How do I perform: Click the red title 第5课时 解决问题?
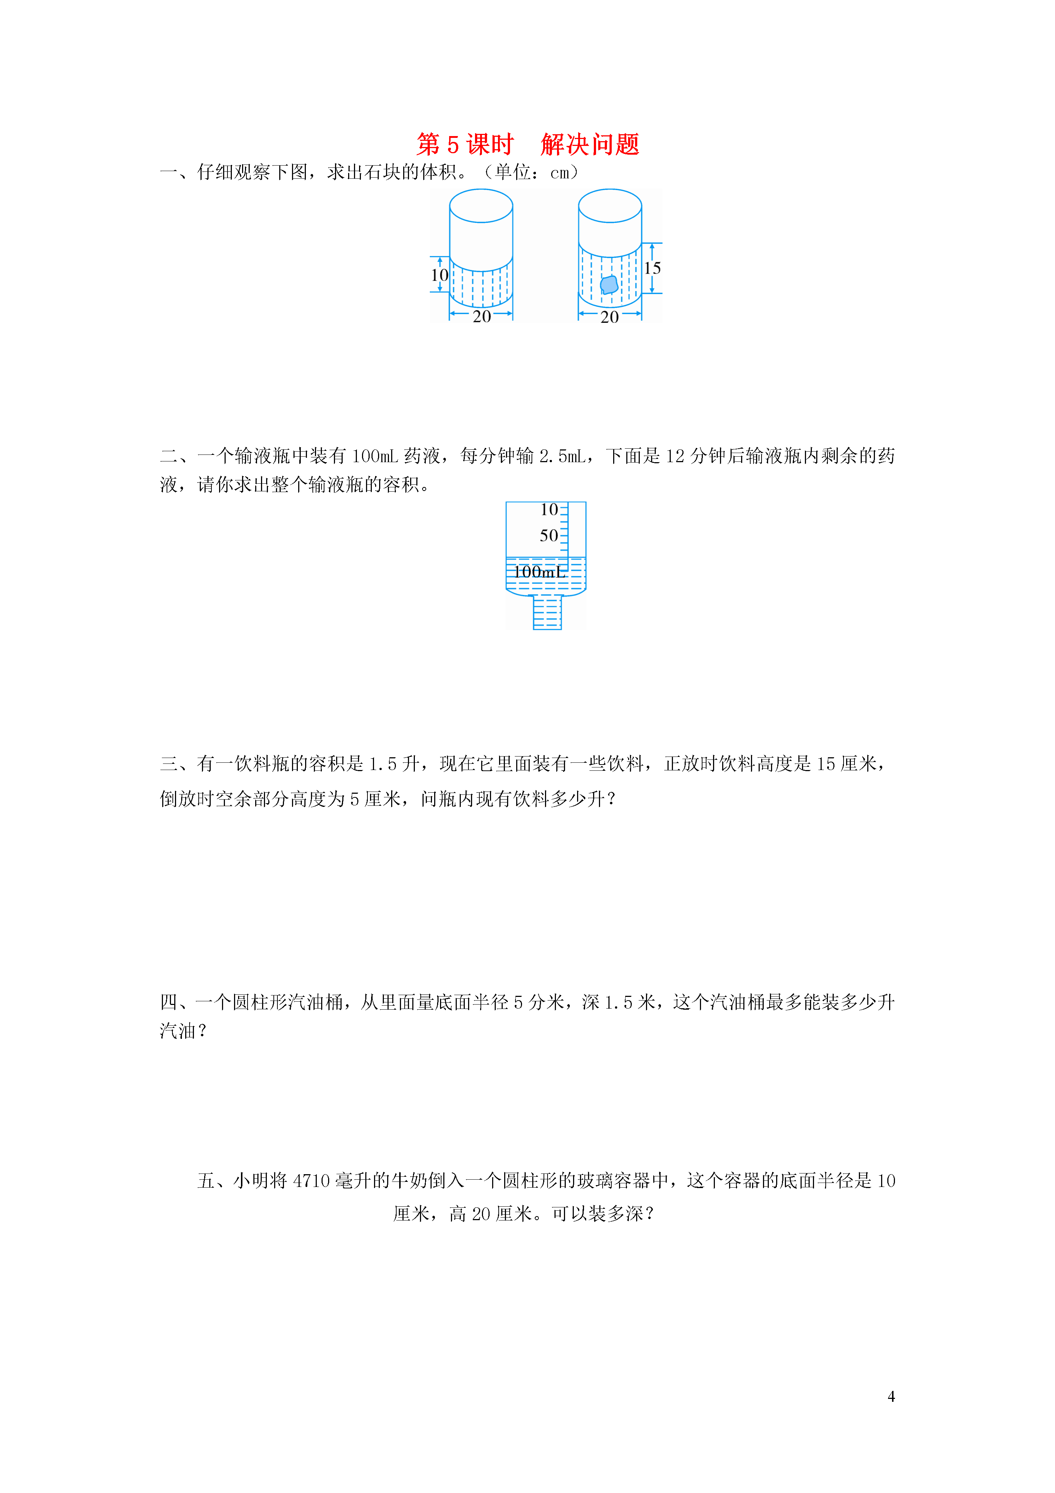tap(528, 144)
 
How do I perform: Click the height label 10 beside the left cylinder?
tap(439, 275)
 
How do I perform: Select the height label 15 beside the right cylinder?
tap(652, 268)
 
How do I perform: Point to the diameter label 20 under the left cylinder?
tap(482, 317)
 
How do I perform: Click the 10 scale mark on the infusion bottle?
tap(549, 510)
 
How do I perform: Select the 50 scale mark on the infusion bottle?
tap(549, 536)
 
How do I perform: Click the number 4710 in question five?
tap(311, 1181)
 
